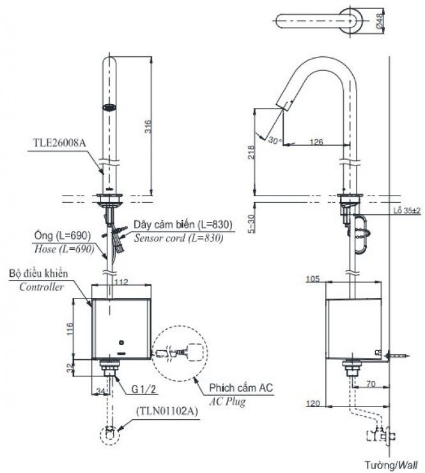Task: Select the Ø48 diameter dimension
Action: pyautogui.click(x=381, y=20)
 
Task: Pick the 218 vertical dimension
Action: pyautogui.click(x=251, y=151)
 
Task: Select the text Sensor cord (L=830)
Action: pyautogui.click(x=178, y=236)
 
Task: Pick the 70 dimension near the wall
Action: pyautogui.click(x=370, y=385)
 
